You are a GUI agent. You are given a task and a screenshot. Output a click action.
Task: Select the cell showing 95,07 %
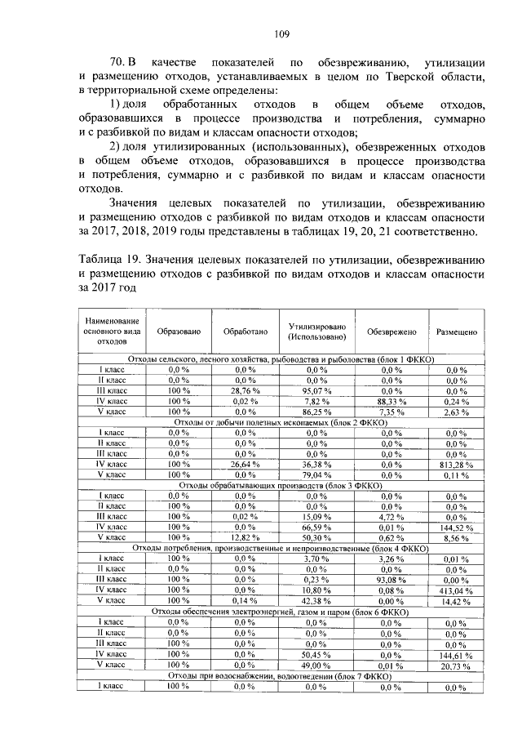coord(316,390)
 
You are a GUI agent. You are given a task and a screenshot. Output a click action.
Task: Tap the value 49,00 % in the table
coord(316,665)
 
